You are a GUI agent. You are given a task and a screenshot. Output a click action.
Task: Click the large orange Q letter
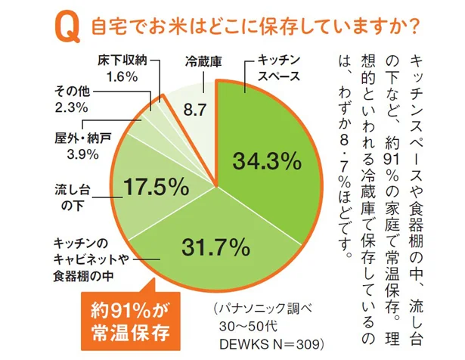coord(67,28)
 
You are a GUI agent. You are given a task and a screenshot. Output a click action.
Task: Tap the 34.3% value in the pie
coord(264,161)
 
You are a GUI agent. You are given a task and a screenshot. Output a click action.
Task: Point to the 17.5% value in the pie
coord(155,186)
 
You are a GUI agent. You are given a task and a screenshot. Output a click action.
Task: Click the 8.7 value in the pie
coord(196,109)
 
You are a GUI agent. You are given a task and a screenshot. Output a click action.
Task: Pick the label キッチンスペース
coord(279,68)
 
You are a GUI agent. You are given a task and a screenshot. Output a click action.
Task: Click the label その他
coord(73,92)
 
